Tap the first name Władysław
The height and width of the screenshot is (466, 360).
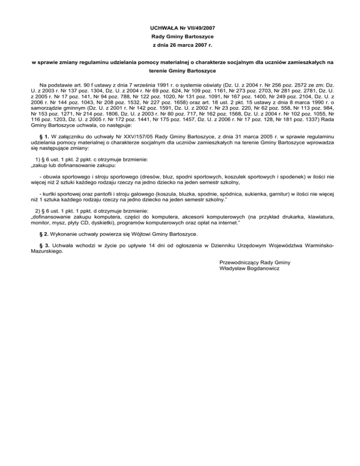(x=233, y=268)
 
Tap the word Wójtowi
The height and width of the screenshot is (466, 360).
(x=138, y=233)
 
